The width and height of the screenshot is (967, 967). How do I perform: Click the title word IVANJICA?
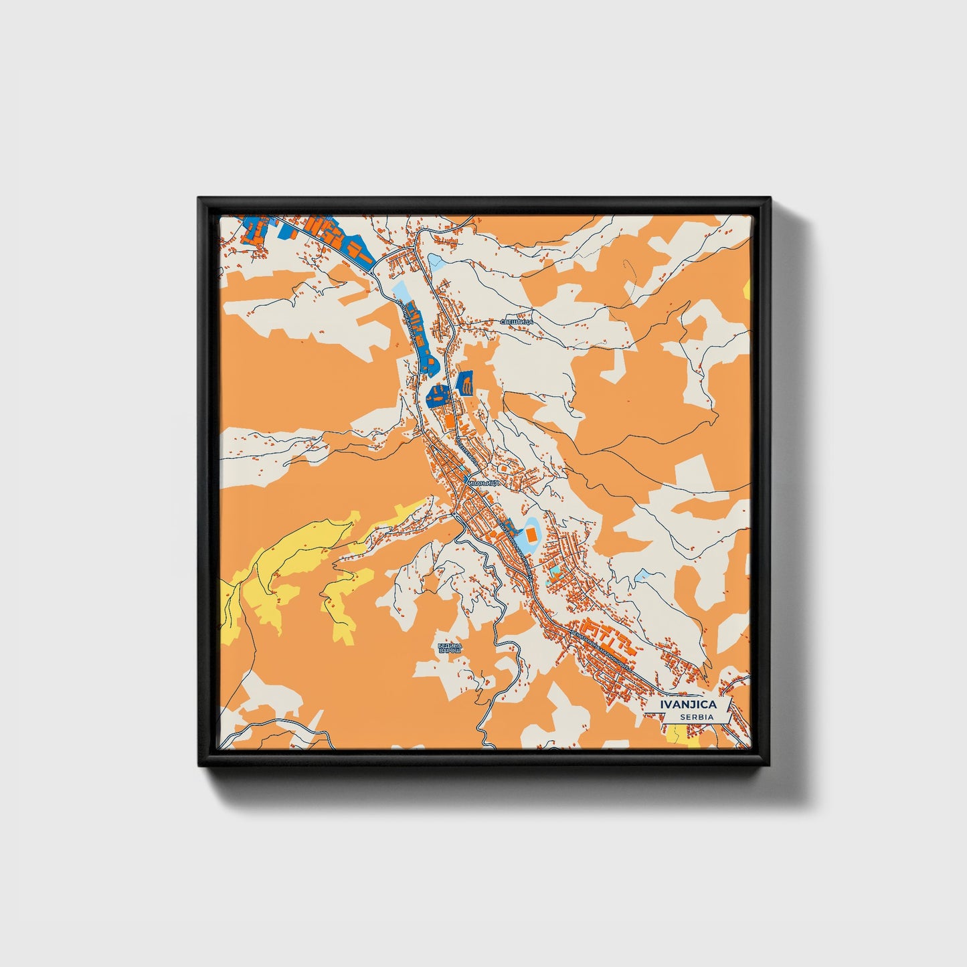click(688, 704)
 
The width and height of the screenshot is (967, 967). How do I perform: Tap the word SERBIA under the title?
click(695, 717)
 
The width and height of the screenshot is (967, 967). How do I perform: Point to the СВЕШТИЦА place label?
click(516, 322)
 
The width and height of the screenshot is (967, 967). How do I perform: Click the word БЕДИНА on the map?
click(449, 645)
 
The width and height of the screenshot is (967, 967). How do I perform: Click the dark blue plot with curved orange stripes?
click(465, 384)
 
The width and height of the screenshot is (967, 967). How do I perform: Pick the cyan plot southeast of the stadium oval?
click(555, 573)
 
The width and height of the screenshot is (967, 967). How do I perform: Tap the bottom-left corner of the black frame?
click(199, 766)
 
